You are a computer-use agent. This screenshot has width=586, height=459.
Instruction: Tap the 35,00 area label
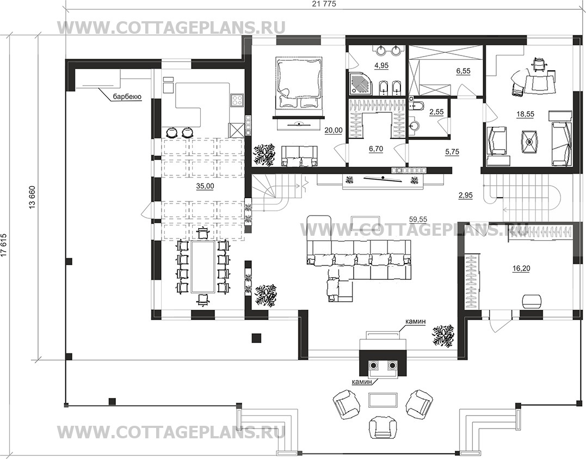coord(205,186)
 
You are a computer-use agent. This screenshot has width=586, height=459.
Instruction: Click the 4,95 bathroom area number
coord(381,65)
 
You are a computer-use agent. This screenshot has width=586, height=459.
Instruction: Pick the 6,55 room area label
coord(464,71)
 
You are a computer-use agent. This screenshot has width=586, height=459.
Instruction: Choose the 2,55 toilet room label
coord(436,112)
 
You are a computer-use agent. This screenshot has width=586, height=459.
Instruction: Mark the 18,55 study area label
coord(525,114)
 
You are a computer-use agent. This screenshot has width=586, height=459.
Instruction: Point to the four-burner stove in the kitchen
coord(237,100)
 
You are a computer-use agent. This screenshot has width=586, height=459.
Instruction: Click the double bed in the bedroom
coord(299,83)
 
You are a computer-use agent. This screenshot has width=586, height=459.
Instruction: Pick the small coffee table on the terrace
coord(383,400)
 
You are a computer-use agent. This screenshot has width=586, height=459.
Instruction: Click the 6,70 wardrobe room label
coord(376,149)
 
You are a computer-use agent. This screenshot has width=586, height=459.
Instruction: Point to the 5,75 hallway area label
coord(452,152)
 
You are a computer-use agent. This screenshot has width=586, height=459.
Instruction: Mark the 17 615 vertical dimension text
coord(4,245)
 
